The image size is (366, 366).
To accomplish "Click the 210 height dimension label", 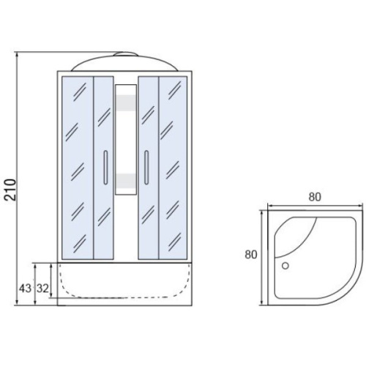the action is click(11, 190).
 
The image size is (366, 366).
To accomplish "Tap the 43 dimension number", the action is click(26, 288).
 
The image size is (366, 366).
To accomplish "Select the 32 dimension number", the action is click(42, 288).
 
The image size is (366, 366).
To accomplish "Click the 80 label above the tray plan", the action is click(315, 197).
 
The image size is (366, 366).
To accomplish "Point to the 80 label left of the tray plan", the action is click(251, 255).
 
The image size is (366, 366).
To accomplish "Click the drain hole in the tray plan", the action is click(285, 266).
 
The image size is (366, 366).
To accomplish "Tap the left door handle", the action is click(105, 168).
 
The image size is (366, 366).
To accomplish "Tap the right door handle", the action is click(146, 168).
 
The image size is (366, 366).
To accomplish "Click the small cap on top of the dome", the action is click(126, 53).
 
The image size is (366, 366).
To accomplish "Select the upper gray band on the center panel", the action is click(126, 102).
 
